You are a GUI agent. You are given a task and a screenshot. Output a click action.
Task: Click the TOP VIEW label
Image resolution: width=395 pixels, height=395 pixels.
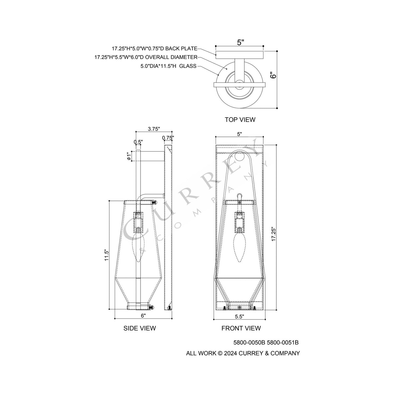pyautogui.click(x=240, y=119)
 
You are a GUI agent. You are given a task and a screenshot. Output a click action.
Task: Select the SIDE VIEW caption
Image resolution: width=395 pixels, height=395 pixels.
pyautogui.click(x=140, y=328)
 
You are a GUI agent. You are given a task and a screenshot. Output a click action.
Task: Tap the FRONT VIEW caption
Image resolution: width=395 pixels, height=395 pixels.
pyautogui.click(x=241, y=328)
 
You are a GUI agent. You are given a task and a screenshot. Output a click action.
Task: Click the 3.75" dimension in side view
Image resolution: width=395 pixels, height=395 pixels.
pyautogui.click(x=154, y=129)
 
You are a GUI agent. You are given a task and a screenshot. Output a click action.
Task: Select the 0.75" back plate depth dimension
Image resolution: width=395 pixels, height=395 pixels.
pyautogui.click(x=168, y=138)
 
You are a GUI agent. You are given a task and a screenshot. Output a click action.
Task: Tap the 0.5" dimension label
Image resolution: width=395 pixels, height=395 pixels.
pyautogui.click(x=138, y=142)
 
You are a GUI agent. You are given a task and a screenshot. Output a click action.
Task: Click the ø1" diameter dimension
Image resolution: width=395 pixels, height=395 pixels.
pyautogui.click(x=128, y=156)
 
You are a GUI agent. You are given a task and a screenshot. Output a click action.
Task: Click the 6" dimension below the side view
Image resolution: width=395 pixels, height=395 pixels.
pyautogui.click(x=143, y=316)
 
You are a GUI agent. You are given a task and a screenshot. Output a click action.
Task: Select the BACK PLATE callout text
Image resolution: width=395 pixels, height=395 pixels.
pyautogui.click(x=154, y=49)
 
